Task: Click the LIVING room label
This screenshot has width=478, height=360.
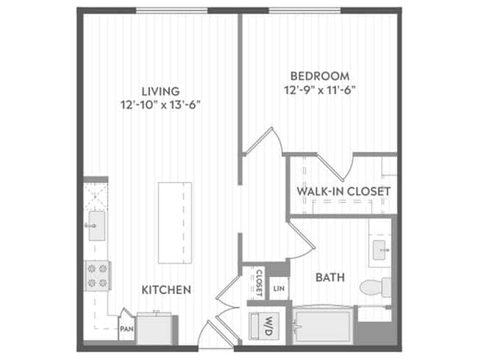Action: pos(160,91)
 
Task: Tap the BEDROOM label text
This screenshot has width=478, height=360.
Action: pos(320,76)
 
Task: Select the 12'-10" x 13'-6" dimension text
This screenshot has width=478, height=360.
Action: pos(160,105)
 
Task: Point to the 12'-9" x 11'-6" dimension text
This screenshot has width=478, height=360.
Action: pos(320,90)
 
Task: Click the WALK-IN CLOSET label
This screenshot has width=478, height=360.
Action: pos(343,191)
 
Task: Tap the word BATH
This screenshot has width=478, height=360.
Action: pos(330,278)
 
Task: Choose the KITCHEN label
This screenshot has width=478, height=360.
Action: pos(166,289)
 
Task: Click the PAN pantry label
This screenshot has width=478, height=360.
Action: pos(126,329)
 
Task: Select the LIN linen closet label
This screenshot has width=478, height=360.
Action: pos(279,289)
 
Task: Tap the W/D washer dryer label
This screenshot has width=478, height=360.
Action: pos(268,326)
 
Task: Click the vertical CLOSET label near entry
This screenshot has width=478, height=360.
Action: pos(259,284)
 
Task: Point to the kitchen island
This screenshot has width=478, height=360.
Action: pos(175,223)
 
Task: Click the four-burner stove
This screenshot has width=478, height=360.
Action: pos(97,276)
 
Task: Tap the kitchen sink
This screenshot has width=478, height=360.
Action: pos(96,226)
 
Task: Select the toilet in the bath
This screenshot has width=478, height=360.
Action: pos(375,287)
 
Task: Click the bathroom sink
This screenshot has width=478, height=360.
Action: pos(380,250)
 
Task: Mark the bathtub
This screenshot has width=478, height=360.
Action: pos(323,326)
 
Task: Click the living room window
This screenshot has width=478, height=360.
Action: pos(172,11)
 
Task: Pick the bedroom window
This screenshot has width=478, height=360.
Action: pos(304,11)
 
